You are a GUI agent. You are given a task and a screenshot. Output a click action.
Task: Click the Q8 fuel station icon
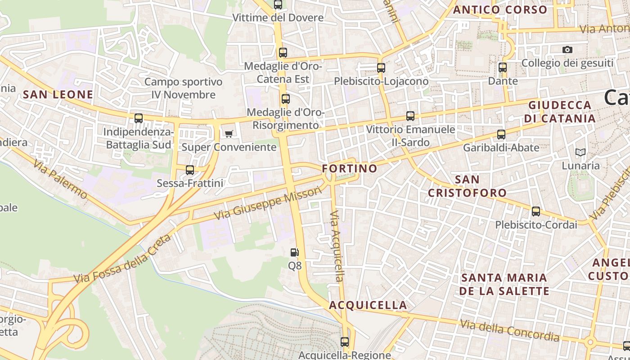pos(295,252)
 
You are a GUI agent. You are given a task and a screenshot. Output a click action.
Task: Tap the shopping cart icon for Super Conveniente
pos(229,133)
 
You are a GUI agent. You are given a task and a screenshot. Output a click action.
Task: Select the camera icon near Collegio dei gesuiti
pos(567,49)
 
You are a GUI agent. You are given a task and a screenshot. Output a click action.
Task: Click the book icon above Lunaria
pos(580,153)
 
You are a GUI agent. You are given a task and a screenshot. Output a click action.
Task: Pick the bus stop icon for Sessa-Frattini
pos(190,170)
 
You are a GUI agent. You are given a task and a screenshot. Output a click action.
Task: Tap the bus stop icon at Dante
pos(503,67)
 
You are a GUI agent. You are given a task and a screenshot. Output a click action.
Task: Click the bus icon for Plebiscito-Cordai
pos(535,211)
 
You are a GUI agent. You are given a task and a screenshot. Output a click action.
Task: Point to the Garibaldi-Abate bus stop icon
pos(501,134)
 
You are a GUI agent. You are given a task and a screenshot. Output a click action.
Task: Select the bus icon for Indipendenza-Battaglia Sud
pos(139,118)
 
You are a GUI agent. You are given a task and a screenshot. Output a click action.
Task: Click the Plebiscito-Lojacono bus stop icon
pos(381,68)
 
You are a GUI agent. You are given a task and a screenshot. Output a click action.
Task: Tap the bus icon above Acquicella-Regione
pos(345,342)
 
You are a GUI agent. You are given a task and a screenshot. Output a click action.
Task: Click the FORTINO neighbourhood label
pos(350,169)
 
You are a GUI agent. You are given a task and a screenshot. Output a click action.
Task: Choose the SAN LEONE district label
pos(58,94)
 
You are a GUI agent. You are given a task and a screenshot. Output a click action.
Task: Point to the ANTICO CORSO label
pos(500,10)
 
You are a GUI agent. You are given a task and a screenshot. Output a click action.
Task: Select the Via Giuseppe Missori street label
pos(268,203)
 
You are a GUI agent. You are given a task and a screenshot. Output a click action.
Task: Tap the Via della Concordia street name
pos(509,330)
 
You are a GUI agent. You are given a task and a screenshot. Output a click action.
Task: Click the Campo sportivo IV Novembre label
pos(184,88)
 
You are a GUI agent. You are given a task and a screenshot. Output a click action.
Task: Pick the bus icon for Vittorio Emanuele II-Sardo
pos(410,116)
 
